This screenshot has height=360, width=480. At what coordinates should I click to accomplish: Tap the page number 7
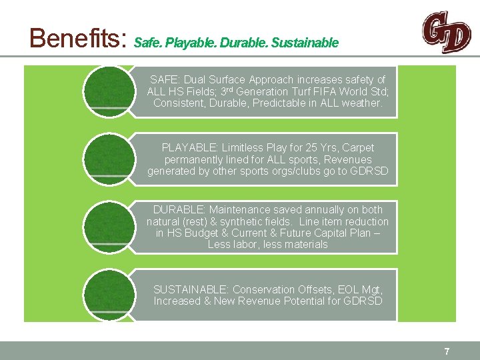click(x=447, y=351)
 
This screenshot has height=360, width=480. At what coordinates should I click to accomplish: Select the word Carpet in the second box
click(x=358, y=147)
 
